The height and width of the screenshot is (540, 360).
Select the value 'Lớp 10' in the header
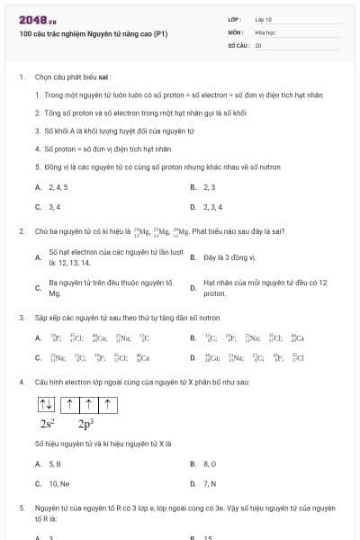pyautogui.click(x=264, y=19)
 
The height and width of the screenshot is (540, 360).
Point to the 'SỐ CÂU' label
pyautogui.click(x=238, y=44)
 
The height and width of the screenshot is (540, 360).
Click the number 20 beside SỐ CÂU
pyautogui.click(x=258, y=44)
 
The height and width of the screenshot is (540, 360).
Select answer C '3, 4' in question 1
pyautogui.click(x=54, y=207)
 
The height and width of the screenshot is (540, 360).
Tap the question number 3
pyautogui.click(x=21, y=318)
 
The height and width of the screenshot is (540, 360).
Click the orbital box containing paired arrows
pyautogui.click(x=48, y=402)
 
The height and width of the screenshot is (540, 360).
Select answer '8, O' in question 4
pyautogui.click(x=210, y=463)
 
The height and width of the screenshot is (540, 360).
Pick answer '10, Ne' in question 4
pyautogui.click(x=58, y=483)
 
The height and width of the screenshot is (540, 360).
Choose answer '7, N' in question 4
pyautogui.click(x=210, y=483)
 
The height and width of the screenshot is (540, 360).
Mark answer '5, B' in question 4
pyautogui.click(x=55, y=463)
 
